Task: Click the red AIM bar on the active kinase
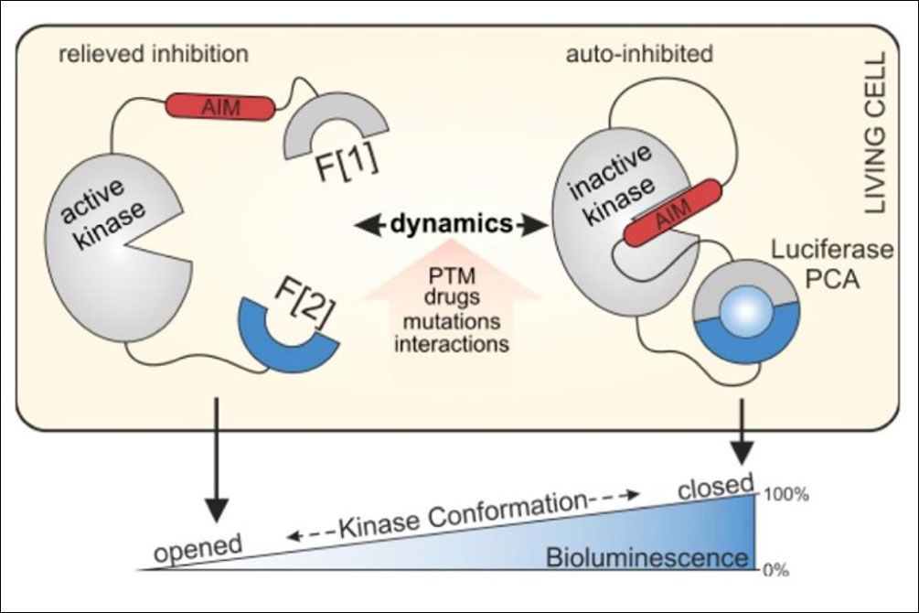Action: (221, 107)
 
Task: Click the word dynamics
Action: (452, 223)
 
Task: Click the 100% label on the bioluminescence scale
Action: (785, 494)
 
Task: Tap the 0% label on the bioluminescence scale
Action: (775, 570)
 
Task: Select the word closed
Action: (716, 486)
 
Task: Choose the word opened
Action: (198, 548)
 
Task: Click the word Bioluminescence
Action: (647, 557)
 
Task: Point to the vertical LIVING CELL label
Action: (875, 133)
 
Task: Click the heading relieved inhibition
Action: (154, 54)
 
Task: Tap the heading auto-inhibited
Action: (639, 54)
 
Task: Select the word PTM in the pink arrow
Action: (452, 275)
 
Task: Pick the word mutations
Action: (452, 321)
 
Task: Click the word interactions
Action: (452, 343)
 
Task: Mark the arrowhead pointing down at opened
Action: (218, 509)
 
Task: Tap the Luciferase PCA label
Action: (832, 264)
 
